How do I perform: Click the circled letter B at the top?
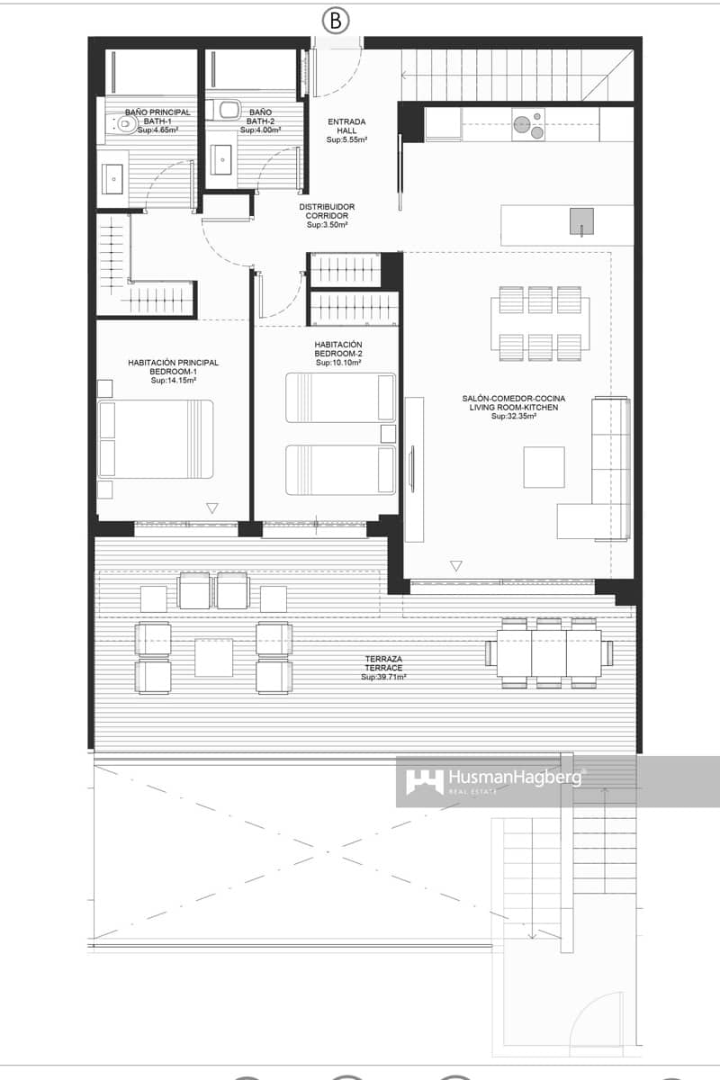coord(335,21)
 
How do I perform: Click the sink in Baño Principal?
coord(113,178)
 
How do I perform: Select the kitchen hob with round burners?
coord(528,125)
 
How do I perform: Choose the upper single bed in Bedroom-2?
coord(340,397)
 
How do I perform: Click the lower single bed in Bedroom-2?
coord(340,469)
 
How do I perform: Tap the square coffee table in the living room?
coord(544,467)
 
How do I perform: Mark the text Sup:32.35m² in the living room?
coord(513,417)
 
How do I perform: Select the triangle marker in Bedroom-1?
coord(211,508)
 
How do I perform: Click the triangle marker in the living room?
coord(455,566)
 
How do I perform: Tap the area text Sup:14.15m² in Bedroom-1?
coord(173,381)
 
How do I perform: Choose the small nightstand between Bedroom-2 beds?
coord(388,434)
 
